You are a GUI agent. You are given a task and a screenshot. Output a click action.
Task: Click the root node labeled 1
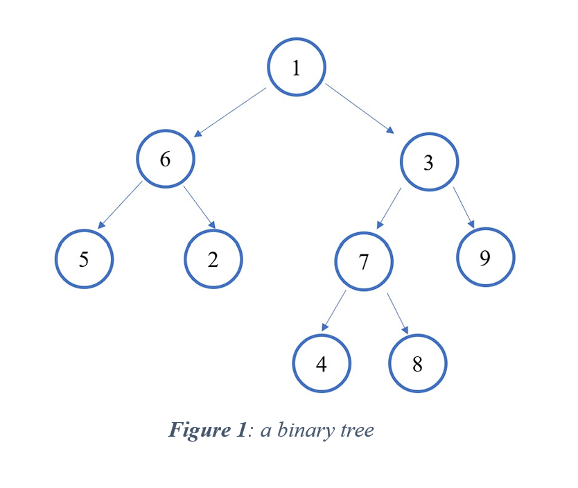tap(297, 67)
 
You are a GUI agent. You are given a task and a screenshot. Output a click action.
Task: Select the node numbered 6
tap(165, 159)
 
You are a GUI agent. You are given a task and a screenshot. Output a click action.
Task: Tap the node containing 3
tap(429, 162)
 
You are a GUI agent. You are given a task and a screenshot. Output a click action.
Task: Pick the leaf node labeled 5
tap(84, 259)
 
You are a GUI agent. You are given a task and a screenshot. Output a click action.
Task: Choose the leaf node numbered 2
tap(213, 259)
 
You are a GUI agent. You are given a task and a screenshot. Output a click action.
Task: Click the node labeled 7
tap(364, 262)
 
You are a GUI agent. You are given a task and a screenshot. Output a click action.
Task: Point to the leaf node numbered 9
tap(485, 258)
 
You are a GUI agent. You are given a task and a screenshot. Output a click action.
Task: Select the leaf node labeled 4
tap(321, 364)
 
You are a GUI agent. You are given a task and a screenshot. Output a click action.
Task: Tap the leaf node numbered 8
tap(417, 364)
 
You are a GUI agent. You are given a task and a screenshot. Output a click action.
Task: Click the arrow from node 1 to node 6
tap(229, 112)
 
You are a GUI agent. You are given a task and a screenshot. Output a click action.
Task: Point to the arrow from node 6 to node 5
tap(120, 205)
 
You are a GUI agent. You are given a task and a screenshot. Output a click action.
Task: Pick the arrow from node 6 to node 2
tap(200, 207)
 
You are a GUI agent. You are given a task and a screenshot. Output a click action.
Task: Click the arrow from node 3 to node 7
tap(389, 207)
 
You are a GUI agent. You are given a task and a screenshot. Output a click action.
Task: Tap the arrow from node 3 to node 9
tap(464, 207)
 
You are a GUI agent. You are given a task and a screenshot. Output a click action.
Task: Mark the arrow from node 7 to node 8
tap(397, 312)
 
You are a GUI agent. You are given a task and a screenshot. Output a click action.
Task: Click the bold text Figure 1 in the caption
tap(207, 430)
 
